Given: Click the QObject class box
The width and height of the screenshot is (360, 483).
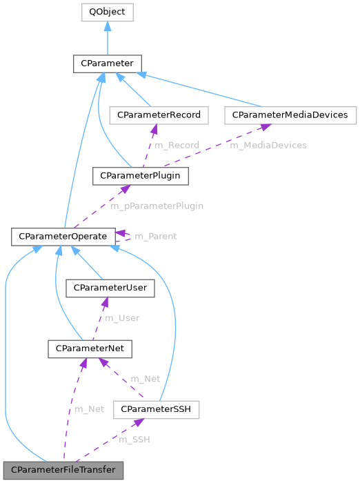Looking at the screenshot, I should pos(107,12).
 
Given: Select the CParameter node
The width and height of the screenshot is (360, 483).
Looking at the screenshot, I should pos(107,63).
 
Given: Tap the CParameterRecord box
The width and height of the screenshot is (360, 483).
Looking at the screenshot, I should pos(159,115).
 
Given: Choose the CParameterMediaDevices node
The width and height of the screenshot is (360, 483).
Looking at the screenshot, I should pos(290,115).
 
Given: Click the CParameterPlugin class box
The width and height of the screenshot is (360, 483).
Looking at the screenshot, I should pos(140,176).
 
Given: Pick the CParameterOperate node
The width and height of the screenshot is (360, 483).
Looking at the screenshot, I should pos(63,237).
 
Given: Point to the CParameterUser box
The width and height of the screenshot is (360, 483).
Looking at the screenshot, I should pos(110,288).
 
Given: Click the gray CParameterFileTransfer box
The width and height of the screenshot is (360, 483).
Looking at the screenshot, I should pos(63,470).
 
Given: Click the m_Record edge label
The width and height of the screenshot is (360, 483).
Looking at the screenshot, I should pos(177,145).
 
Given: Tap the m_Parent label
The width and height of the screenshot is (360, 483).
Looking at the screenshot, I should pos(155,236).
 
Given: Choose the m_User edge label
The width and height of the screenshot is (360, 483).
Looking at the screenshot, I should pos(122,318).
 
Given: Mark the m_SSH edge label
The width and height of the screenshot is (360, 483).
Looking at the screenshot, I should pos(134,440).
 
